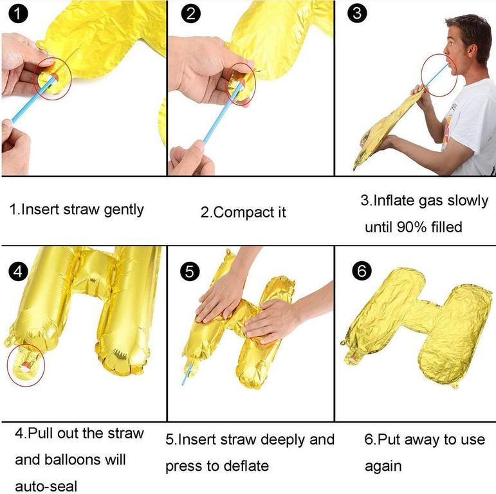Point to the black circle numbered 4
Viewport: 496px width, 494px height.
click(19, 271)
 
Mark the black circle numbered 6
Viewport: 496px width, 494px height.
click(362, 271)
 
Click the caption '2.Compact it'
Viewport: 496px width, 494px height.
click(243, 212)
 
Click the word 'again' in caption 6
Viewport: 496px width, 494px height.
click(383, 466)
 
